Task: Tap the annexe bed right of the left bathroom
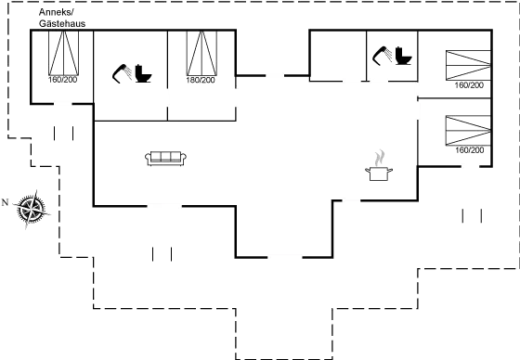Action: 201,58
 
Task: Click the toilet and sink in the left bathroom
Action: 130,72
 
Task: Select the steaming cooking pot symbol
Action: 379,164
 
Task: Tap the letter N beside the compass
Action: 6,201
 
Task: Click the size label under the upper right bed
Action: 468,86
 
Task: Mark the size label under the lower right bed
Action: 468,148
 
